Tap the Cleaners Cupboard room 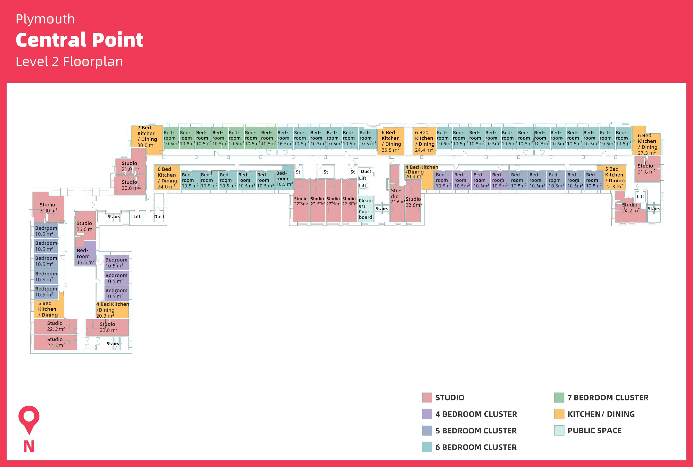pos(366,209)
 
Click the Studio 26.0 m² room pos(85,226)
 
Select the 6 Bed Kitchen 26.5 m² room pos(391,141)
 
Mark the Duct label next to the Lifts pos(366,172)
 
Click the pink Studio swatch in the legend pos(427,398)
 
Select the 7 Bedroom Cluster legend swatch pos(559,398)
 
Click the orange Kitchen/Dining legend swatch pos(559,414)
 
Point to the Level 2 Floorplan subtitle pos(69,62)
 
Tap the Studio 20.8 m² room pos(130,185)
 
